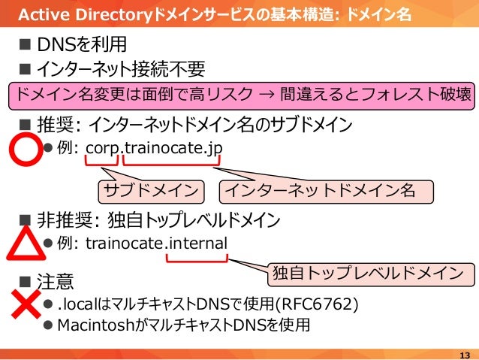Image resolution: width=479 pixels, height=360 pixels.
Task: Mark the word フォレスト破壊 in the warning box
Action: [x=420, y=95]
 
